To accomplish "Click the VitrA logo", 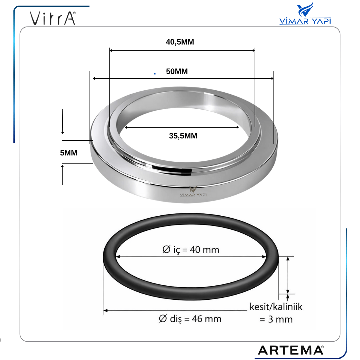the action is [x=53, y=18].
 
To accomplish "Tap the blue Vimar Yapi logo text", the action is [x=305, y=21].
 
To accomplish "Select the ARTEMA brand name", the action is [x=291, y=350].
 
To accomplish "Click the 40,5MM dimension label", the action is [x=180, y=42].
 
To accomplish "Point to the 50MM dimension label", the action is [x=177, y=71].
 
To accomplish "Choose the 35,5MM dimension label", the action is [x=183, y=136].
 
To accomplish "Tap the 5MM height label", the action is [x=69, y=153].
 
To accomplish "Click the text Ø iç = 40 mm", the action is [x=190, y=250].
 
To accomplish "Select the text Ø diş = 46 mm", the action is [x=190, y=319].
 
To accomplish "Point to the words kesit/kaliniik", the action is [x=276, y=307].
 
